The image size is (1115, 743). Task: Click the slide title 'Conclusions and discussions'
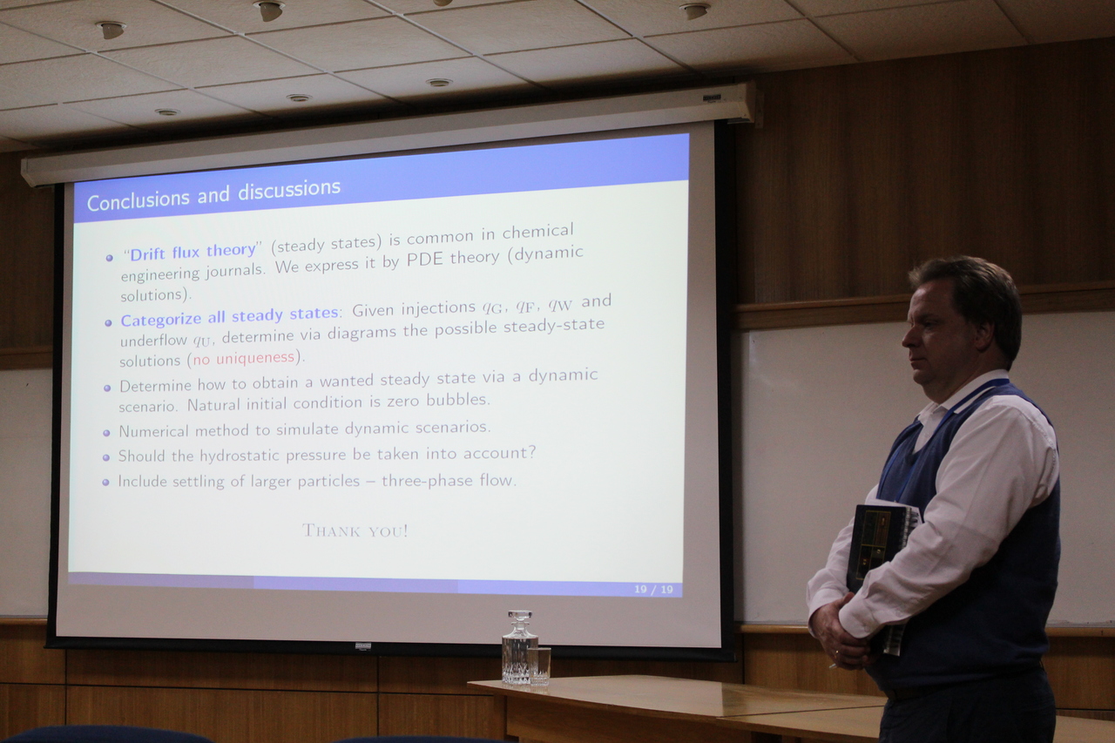pyautogui.click(x=213, y=195)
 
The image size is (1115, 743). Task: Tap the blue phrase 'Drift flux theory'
pyautogui.click(x=193, y=252)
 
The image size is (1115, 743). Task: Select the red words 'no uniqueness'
pyautogui.click(x=243, y=358)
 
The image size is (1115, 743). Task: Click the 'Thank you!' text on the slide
pyautogui.click(x=355, y=530)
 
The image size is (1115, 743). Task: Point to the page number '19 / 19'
pyautogui.click(x=653, y=590)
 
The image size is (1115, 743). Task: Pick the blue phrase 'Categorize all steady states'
pyautogui.click(x=229, y=316)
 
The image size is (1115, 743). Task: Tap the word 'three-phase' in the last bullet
pyautogui.click(x=427, y=481)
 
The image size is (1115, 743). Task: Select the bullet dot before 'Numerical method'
pyautogui.click(x=106, y=433)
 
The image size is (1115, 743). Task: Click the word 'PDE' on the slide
pyautogui.click(x=424, y=260)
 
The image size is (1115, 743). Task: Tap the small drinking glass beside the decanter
pyautogui.click(x=539, y=665)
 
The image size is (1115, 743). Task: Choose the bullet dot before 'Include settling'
pyautogui.click(x=105, y=483)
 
